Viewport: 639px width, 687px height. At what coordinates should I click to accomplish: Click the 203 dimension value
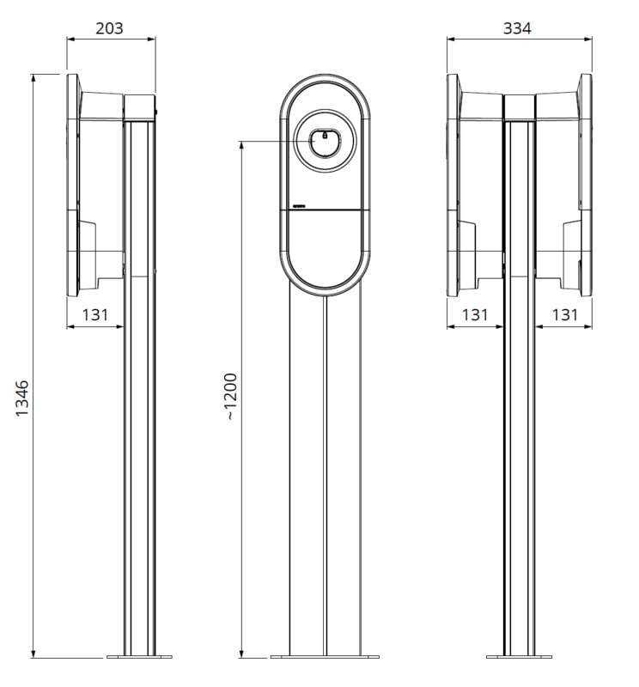click(109, 28)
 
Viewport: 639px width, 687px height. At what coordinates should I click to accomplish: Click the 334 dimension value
click(517, 28)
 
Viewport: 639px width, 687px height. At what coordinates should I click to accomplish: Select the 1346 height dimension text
click(22, 398)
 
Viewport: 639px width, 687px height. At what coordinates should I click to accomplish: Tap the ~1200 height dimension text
click(230, 397)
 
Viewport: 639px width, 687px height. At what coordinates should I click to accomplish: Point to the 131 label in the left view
click(95, 314)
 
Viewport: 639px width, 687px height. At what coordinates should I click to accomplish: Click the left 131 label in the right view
click(475, 314)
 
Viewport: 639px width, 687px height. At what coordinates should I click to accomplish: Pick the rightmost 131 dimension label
click(564, 314)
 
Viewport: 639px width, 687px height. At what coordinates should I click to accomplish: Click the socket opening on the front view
click(325, 142)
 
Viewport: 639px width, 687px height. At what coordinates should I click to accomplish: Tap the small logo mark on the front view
click(300, 204)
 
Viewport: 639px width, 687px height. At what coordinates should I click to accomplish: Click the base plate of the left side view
click(139, 657)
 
